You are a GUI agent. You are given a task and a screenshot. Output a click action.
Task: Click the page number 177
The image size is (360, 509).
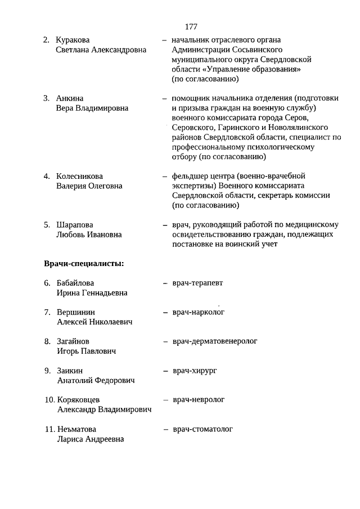coord(191,26)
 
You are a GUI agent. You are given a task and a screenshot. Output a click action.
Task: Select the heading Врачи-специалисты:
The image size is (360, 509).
coord(84,263)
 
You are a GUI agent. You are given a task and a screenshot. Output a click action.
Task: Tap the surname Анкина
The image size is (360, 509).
coord(70,98)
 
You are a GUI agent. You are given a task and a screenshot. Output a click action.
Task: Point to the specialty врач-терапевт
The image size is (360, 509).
coord(197,282)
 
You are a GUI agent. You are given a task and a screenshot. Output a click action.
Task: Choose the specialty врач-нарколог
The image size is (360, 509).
coord(199,312)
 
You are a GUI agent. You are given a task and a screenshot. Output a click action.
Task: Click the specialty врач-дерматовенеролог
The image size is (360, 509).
coord(214,341)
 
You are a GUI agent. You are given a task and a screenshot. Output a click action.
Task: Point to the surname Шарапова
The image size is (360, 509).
coord(75,224)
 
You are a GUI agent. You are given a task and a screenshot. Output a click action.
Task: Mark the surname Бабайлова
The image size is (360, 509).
coord(75,283)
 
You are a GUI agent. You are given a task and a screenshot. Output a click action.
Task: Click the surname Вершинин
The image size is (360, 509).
coord(76,312)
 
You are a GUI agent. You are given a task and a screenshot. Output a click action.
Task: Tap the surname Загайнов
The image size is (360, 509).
coord(73,341)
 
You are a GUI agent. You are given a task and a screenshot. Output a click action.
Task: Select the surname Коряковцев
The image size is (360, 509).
coord(79,400)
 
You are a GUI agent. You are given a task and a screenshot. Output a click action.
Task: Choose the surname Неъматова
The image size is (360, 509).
coord(76,429)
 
